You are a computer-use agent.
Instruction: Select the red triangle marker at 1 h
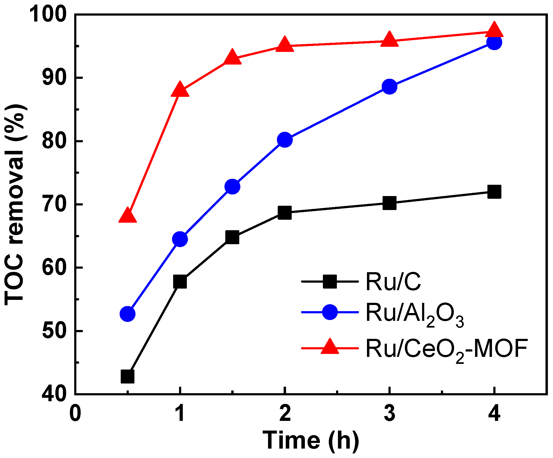click(180, 90)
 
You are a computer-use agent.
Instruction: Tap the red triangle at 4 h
click(494, 31)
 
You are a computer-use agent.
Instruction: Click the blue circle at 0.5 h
click(127, 314)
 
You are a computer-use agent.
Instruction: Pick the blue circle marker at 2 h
click(285, 140)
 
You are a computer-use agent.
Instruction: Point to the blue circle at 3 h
click(389, 87)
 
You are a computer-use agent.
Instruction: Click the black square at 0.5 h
click(127, 376)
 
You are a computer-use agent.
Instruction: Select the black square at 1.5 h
click(232, 237)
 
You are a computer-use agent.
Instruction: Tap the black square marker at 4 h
click(494, 192)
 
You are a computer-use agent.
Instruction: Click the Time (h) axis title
click(311, 441)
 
